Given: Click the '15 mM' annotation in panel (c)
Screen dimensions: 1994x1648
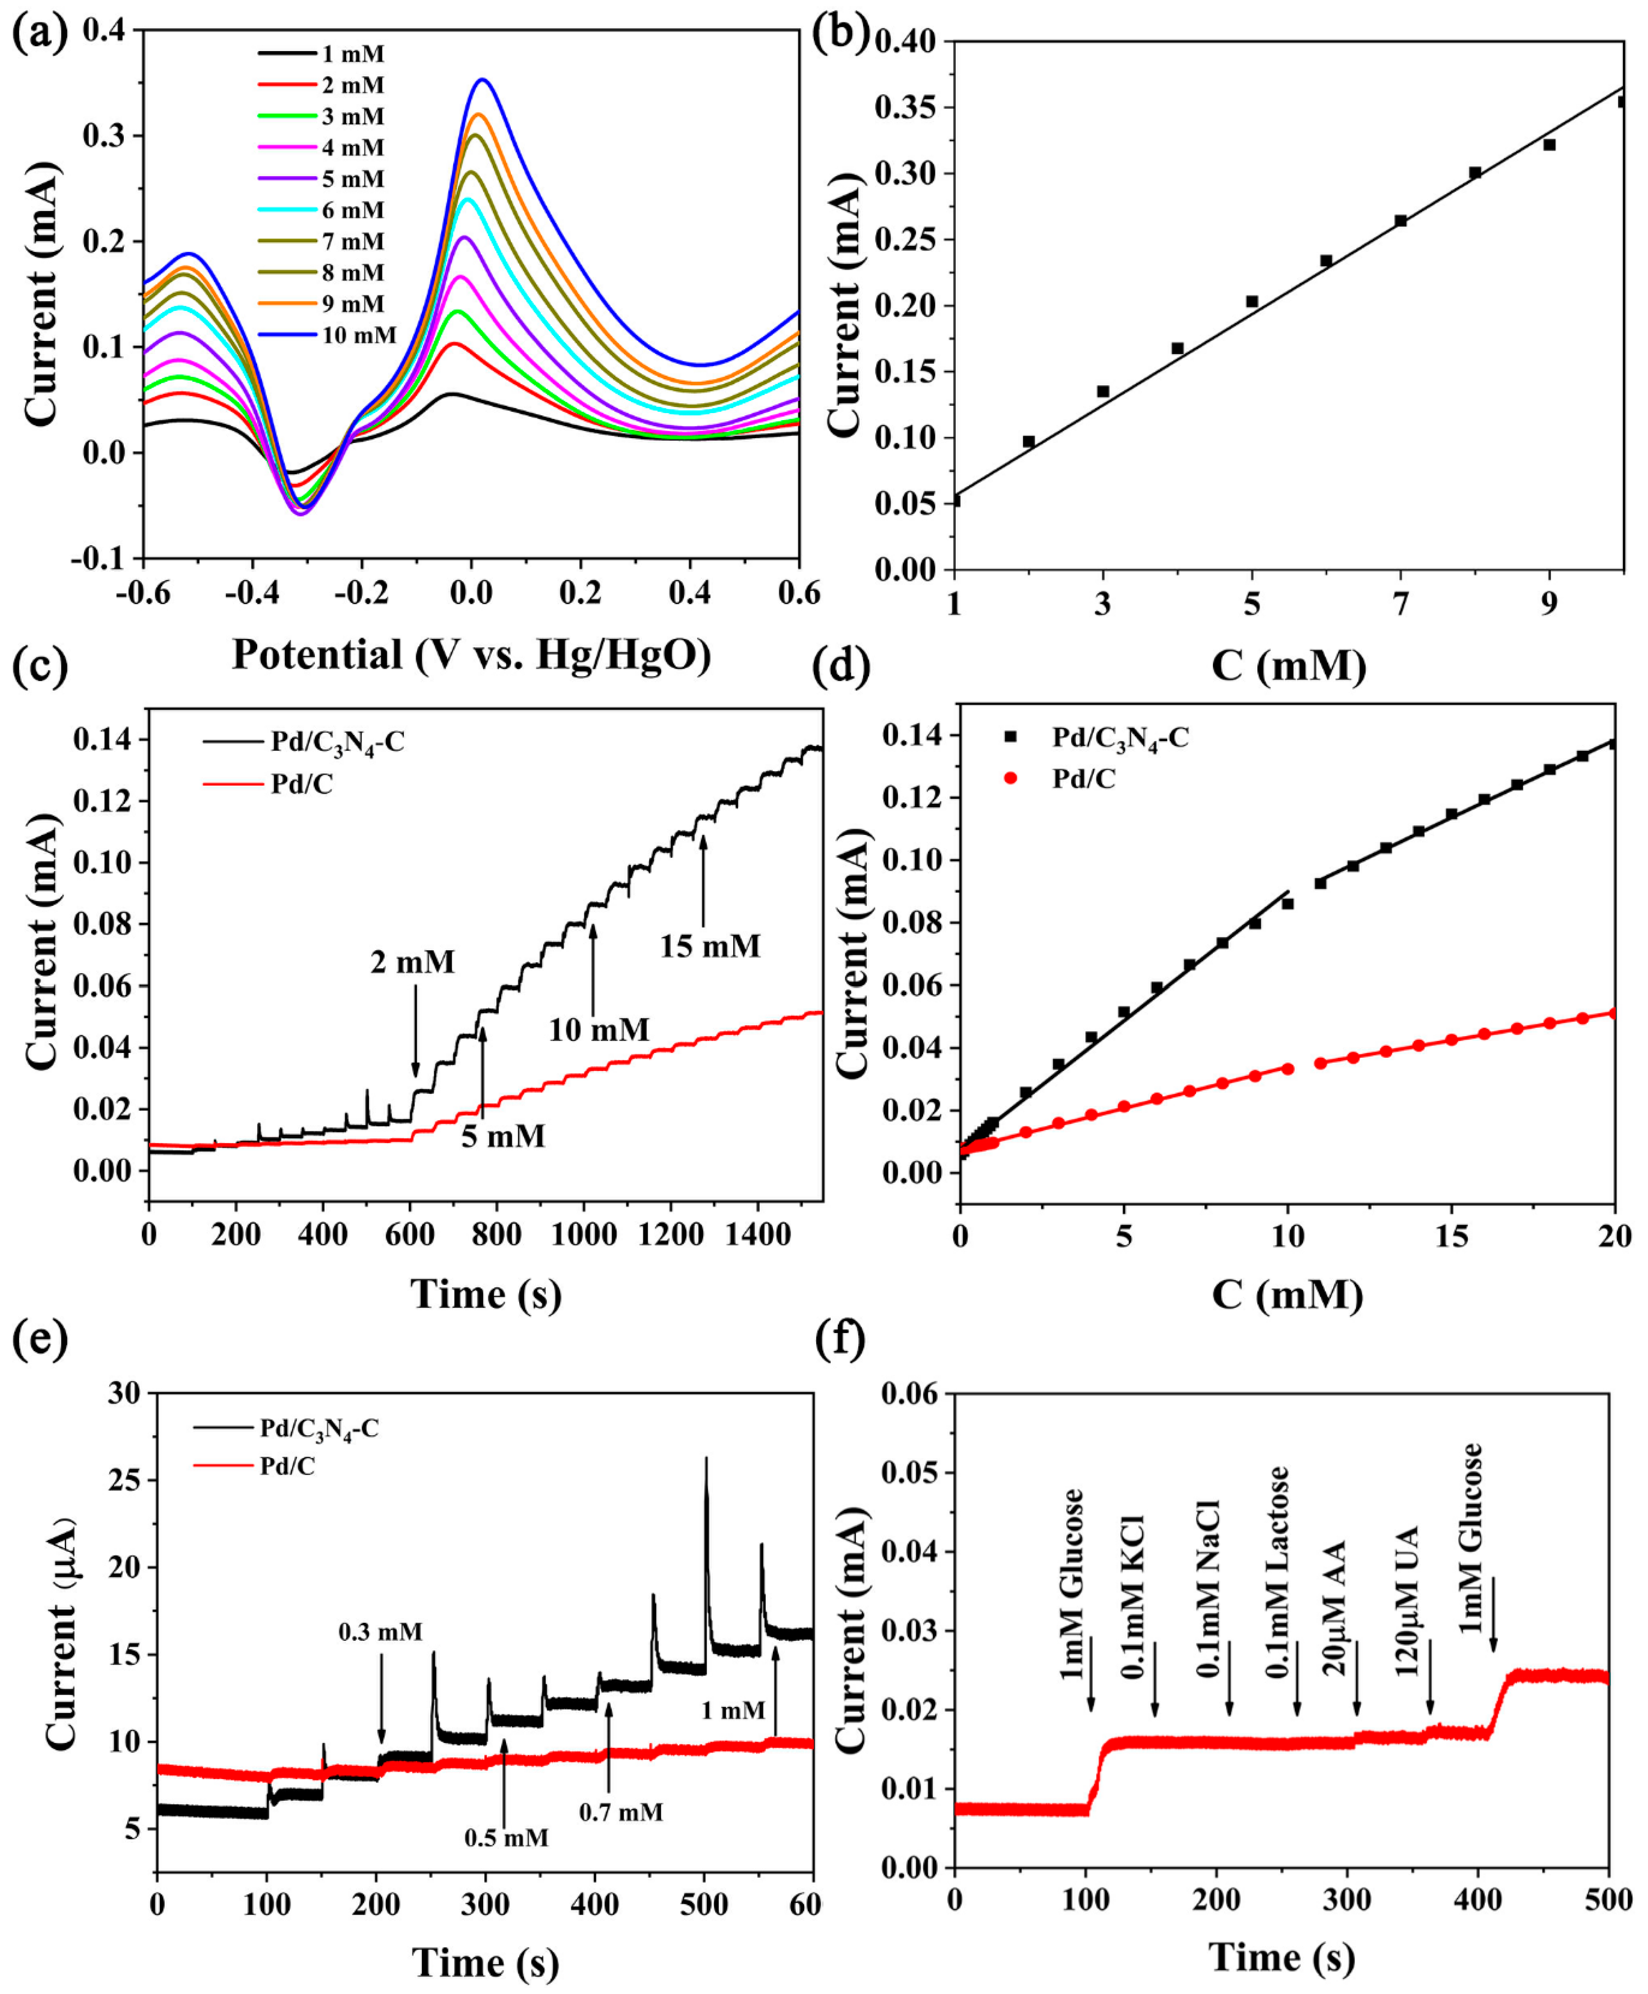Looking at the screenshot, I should point(710,946).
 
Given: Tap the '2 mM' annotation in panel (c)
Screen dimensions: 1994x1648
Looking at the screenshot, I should point(412,962).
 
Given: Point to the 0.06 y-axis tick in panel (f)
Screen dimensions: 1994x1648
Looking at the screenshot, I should point(909,1394).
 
